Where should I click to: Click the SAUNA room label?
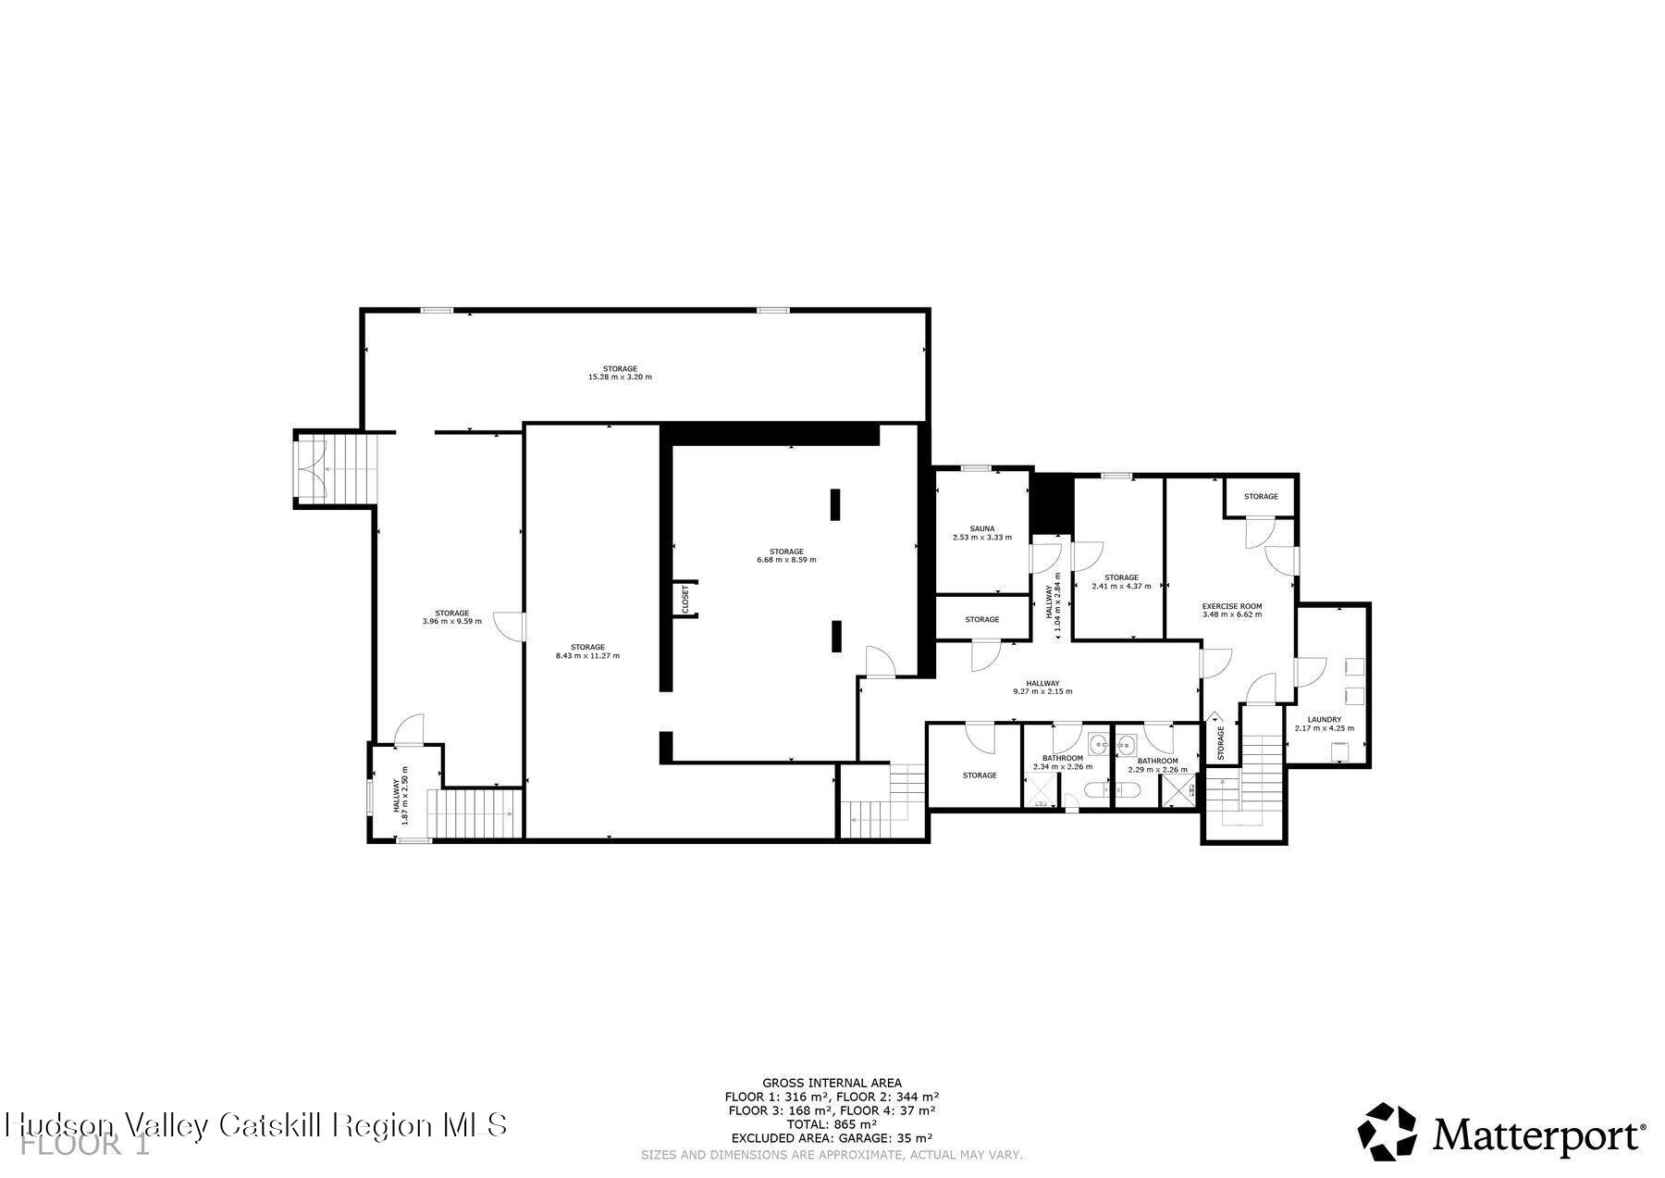click(x=981, y=529)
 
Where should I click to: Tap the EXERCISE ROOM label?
click(x=1231, y=607)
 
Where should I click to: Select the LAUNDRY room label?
click(x=1324, y=720)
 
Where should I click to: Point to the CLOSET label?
click(x=685, y=599)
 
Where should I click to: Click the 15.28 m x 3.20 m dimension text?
click(x=620, y=378)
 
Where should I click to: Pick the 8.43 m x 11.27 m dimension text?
click(x=587, y=656)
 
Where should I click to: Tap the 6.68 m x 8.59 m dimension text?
click(x=786, y=560)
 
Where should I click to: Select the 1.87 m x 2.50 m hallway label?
click(x=404, y=789)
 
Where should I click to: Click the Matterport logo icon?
click(x=1387, y=1131)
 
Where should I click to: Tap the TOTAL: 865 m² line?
click(x=832, y=1124)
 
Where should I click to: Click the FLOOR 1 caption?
click(x=85, y=1146)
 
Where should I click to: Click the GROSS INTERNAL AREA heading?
click(x=832, y=1083)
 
